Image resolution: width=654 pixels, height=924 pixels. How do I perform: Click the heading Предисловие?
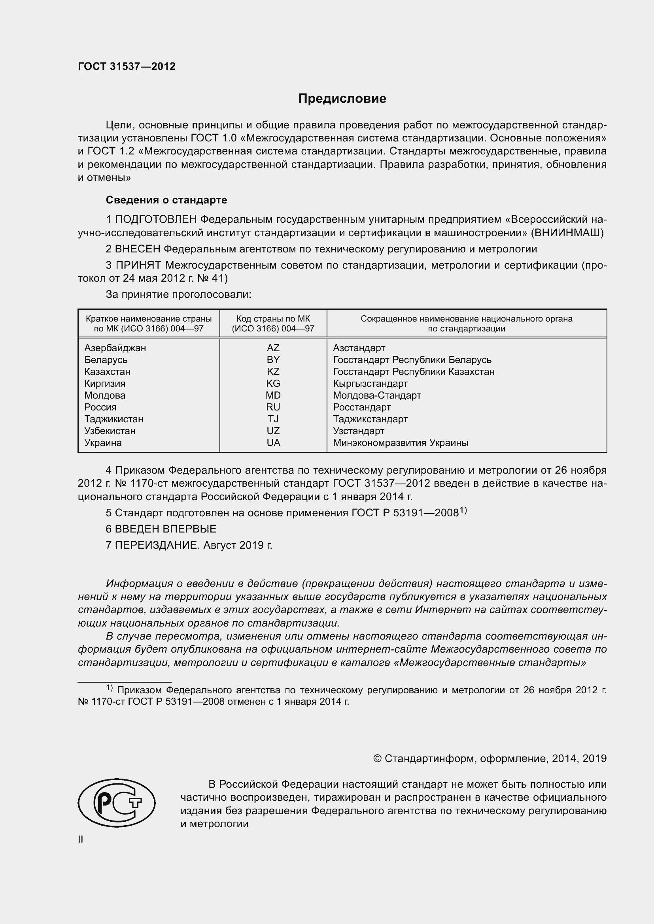pos(342,99)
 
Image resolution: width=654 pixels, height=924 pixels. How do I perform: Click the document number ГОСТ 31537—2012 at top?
pos(127,67)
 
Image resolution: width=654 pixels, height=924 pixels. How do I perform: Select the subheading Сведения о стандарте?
pos(166,200)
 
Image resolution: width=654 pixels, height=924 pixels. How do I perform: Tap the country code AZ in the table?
pos(273,348)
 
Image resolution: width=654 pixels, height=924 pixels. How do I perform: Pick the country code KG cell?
pos(273,383)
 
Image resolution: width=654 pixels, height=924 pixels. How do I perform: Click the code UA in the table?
pos(273,443)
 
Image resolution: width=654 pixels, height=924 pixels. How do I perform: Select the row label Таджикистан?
pos(113,419)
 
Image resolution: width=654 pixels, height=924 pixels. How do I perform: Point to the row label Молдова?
pos(105,395)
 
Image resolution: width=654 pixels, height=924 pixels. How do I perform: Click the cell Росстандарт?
pos(362,407)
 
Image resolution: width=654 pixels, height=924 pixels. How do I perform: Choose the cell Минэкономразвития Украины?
pos(400,443)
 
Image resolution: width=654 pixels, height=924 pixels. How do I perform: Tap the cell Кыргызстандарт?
pos(370,383)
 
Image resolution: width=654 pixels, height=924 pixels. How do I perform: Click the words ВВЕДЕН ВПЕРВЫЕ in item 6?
pos(166,529)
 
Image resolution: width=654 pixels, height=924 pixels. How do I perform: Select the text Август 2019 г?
pos(238,545)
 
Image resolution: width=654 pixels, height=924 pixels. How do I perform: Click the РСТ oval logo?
pos(117,803)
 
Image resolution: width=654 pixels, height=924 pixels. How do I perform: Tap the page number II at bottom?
pos(81,839)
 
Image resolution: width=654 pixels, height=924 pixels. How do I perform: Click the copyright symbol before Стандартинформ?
pos(377,758)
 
